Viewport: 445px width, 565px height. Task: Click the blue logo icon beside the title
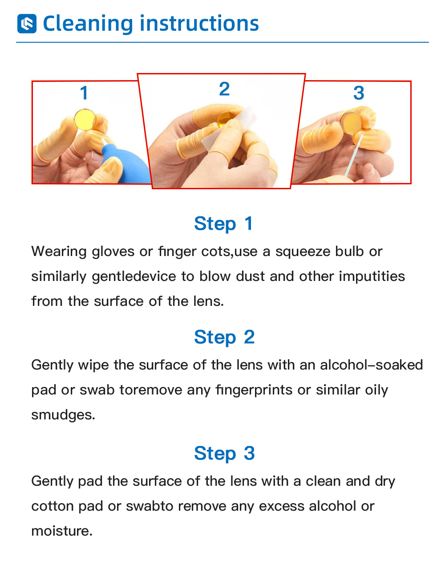[x=27, y=24]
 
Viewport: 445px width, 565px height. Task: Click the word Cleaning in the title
[x=88, y=24]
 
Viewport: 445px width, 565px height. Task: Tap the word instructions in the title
[x=199, y=24]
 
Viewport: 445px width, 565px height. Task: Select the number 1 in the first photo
[x=84, y=93]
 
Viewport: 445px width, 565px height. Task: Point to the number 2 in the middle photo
[x=224, y=89]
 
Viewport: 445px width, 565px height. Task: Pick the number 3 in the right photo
[x=359, y=93]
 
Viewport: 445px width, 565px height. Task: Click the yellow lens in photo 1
[x=85, y=119]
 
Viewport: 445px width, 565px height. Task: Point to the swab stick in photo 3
[x=354, y=155]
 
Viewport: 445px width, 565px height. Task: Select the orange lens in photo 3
[x=351, y=122]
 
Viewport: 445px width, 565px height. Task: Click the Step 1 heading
[x=223, y=224]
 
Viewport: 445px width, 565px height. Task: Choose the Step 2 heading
[x=224, y=337]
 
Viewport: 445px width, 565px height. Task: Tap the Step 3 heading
[x=224, y=453]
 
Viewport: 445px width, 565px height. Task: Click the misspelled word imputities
[x=372, y=277]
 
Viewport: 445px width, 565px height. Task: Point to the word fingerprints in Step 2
[x=254, y=390]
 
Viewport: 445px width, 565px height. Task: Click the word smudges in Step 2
[x=63, y=415]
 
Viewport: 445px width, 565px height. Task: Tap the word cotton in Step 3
[x=53, y=507]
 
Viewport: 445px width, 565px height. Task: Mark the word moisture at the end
[x=62, y=531]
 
